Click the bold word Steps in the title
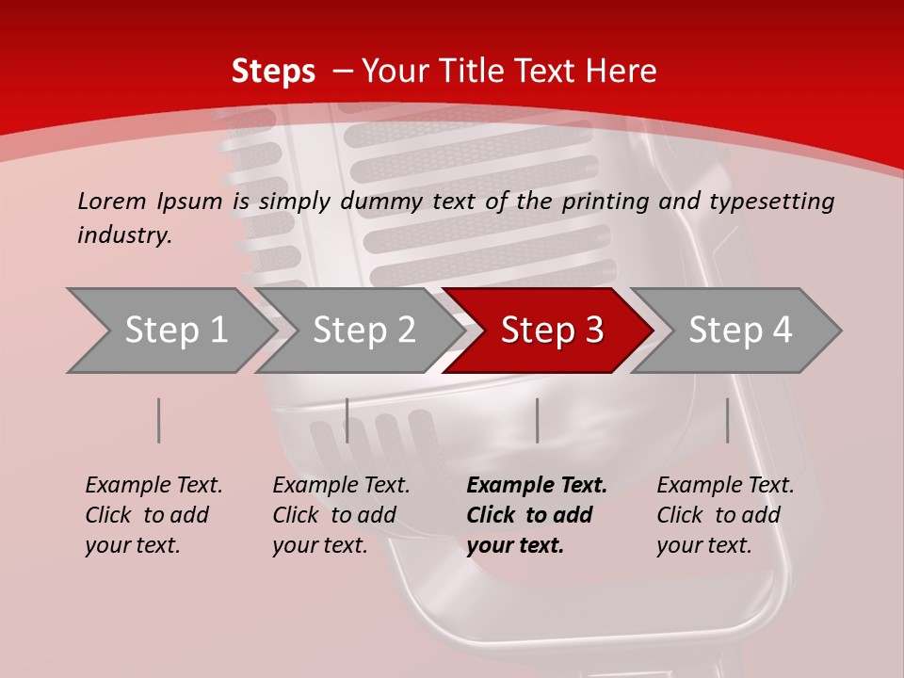coord(273,72)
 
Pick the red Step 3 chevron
coord(552,331)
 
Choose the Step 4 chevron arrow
coord(740,331)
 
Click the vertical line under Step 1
coord(159,420)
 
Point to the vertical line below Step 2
coord(347,420)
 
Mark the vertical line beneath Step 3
coord(537,420)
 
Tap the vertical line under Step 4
coord(728,420)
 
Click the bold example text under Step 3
coord(536,515)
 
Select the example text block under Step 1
coord(153,515)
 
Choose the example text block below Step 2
coord(341,515)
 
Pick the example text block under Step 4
coord(725,515)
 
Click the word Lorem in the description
coord(112,201)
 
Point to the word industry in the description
coord(124,235)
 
